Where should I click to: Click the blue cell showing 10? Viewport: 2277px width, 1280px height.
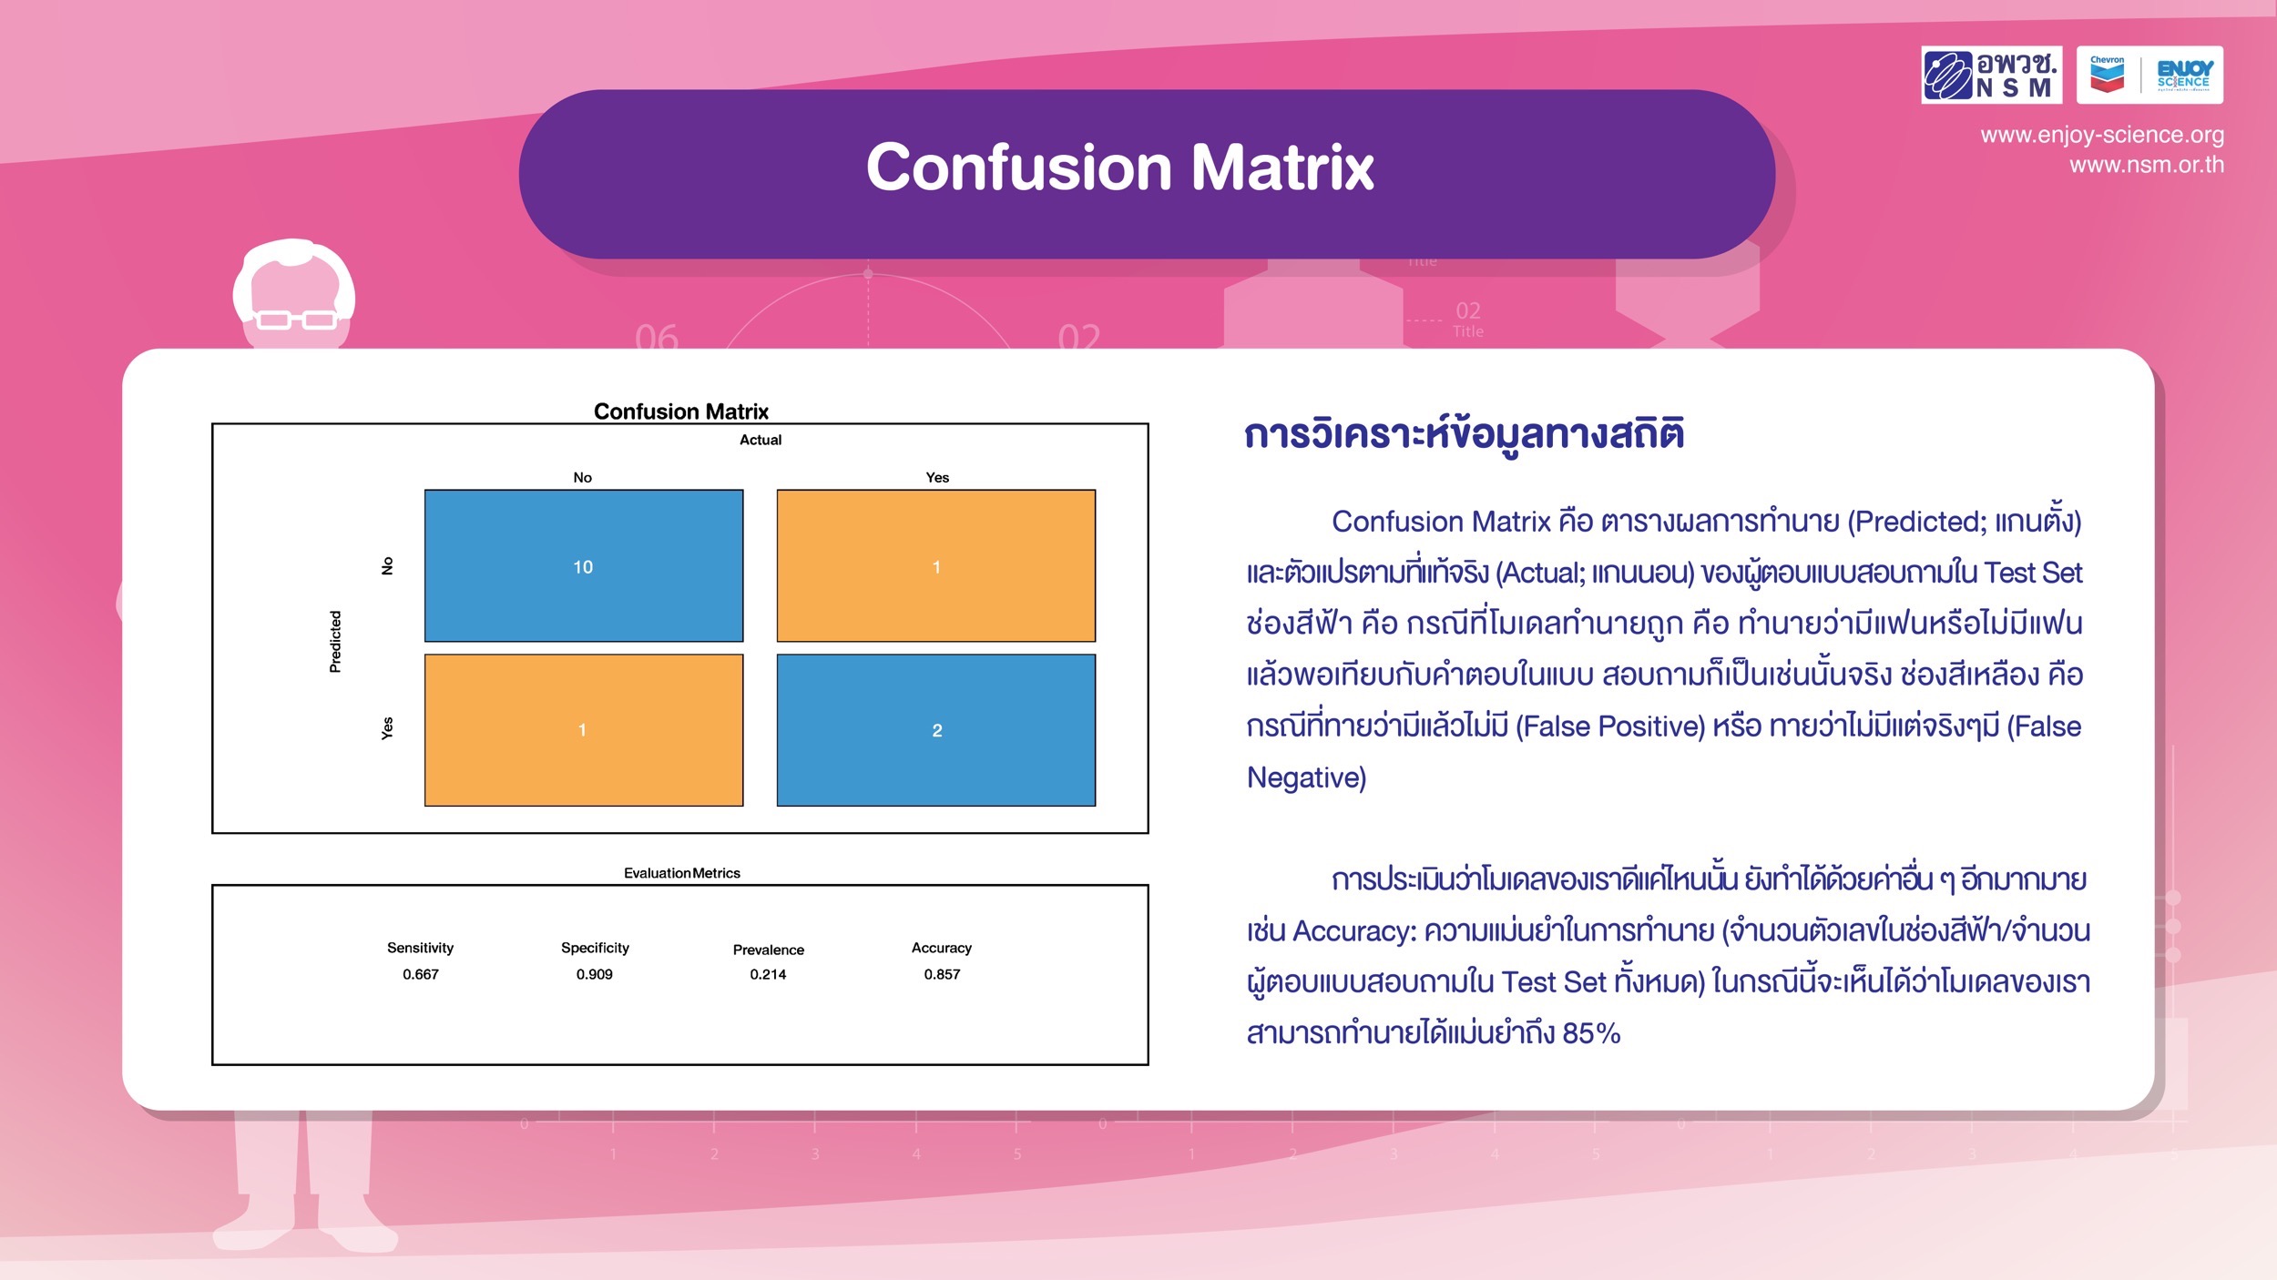584,565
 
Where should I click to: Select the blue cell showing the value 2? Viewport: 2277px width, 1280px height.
936,730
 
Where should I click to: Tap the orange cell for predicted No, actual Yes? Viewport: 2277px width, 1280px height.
936,565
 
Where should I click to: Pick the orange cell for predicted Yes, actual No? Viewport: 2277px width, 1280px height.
584,730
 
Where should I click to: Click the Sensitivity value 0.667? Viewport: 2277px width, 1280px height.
421,974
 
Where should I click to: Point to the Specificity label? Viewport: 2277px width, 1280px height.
595,948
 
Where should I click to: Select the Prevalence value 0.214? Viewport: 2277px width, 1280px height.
768,974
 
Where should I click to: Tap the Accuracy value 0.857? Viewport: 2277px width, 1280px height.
942,974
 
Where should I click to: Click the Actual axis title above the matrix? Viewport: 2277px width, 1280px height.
761,440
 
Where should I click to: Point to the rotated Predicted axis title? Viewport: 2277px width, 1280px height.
335,642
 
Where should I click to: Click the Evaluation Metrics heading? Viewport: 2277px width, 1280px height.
682,873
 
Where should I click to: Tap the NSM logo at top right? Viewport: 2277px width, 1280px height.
1992,75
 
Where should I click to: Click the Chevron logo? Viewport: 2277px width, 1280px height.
2107,75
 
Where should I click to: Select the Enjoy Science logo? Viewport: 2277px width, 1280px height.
2184,75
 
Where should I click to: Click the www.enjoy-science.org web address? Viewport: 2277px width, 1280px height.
2102,135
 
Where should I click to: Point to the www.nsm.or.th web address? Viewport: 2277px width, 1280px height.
2147,165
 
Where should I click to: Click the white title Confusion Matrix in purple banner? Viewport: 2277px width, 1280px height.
1120,168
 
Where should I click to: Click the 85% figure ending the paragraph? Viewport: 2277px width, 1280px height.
1591,1033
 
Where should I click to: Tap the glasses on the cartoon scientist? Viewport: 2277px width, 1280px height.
296,320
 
